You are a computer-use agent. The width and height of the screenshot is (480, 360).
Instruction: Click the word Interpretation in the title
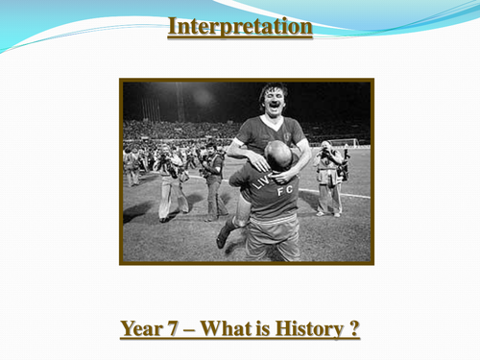tap(240, 27)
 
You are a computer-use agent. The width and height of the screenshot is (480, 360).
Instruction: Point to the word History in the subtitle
tap(304, 330)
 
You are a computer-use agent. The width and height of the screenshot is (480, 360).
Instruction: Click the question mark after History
tap(354, 330)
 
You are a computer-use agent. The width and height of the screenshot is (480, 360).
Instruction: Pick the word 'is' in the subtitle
tap(257, 330)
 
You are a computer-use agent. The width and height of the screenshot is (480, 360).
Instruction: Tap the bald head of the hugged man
tap(278, 156)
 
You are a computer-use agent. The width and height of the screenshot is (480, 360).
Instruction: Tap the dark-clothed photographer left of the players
tap(212, 182)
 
